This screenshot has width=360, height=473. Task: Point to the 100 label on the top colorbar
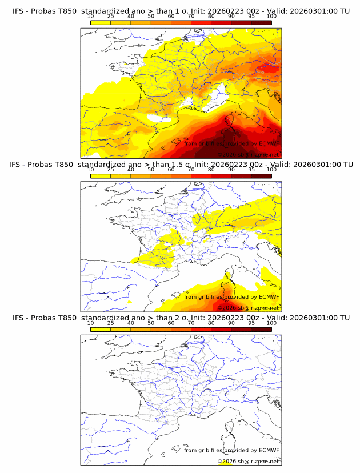point(271,16)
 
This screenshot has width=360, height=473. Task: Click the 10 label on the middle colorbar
point(90,170)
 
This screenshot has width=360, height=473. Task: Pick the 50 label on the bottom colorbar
point(151,323)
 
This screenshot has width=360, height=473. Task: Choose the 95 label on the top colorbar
point(251,16)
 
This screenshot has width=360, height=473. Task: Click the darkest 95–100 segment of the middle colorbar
point(261,175)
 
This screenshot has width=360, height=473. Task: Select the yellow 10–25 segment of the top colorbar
point(100,22)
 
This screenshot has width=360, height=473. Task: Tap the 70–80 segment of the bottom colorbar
point(201,328)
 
